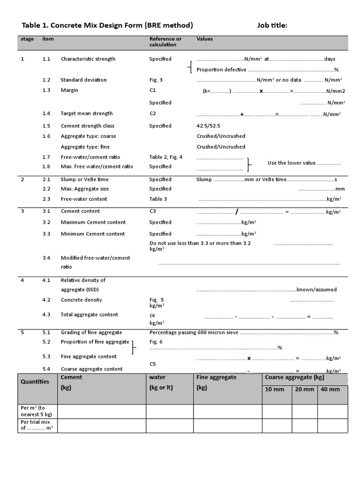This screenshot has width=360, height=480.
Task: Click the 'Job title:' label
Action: (x=272, y=25)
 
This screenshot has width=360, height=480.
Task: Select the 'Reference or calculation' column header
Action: (x=165, y=42)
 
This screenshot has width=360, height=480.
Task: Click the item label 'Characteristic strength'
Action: (x=88, y=59)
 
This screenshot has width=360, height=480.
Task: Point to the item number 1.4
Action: (x=46, y=113)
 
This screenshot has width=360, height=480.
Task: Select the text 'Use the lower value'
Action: (x=291, y=163)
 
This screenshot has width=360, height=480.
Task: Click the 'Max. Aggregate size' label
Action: (x=84, y=188)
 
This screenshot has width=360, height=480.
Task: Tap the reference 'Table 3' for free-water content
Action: (x=158, y=199)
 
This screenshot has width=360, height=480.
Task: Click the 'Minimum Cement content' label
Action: (x=93, y=233)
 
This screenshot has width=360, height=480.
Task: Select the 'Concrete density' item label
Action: (x=81, y=300)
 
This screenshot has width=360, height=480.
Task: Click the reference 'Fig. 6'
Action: (x=156, y=342)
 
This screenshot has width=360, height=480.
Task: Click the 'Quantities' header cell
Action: (x=35, y=382)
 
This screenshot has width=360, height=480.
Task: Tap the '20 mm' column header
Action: (x=304, y=390)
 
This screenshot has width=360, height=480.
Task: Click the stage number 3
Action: (x=22, y=211)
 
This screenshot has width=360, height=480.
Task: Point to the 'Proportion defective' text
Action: (x=221, y=69)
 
